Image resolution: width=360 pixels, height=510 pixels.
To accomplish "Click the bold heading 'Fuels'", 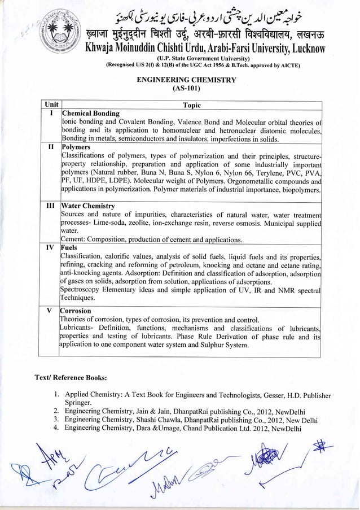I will coord(70,247).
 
